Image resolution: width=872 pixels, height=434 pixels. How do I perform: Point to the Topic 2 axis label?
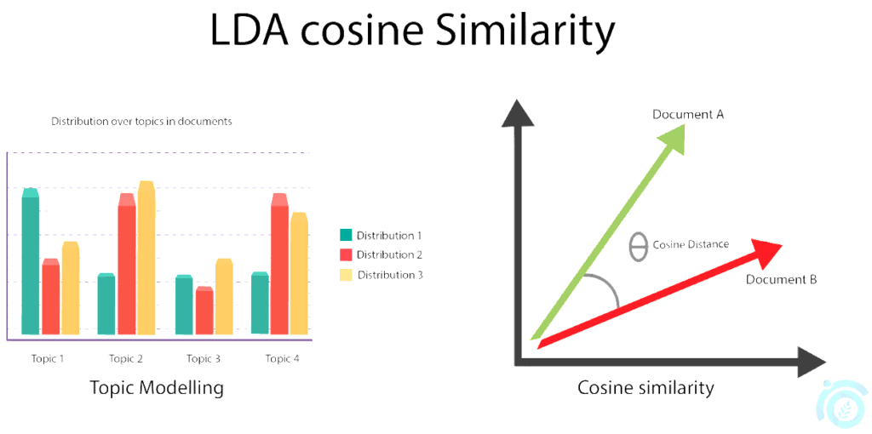tap(126, 358)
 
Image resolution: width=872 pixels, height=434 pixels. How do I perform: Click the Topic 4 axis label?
tap(282, 358)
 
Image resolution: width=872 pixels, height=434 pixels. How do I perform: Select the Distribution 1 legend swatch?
tap(346, 235)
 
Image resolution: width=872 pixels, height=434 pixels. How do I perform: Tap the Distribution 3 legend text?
tap(389, 275)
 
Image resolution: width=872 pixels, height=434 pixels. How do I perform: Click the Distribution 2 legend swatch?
tap(346, 254)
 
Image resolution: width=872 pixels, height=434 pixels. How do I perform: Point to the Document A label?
tap(687, 114)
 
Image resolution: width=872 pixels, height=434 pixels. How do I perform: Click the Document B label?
tap(781, 279)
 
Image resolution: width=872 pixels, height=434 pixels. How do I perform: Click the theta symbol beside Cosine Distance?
tap(638, 246)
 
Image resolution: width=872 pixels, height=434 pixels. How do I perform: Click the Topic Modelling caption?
tap(157, 388)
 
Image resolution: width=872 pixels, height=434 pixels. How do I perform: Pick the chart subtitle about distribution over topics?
tap(141, 122)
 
